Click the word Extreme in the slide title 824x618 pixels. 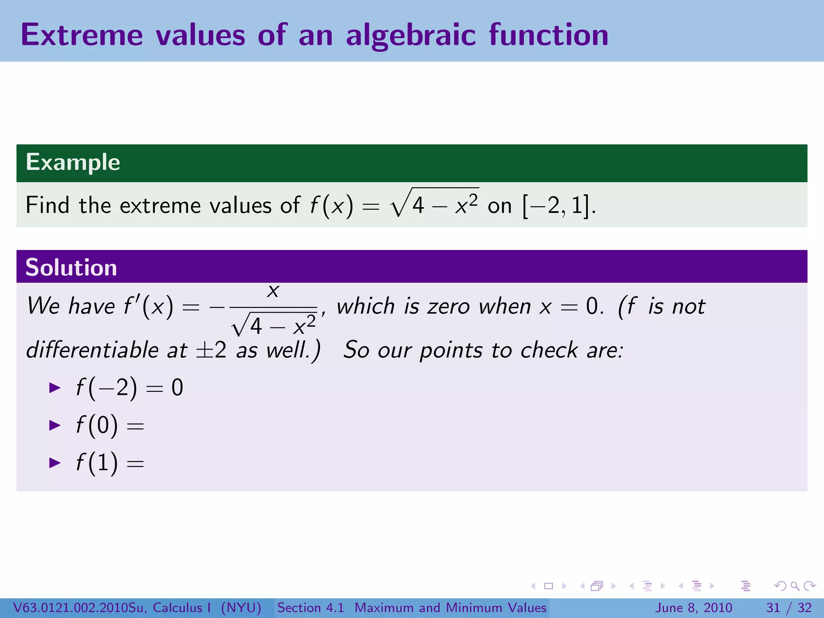pyautogui.click(x=82, y=35)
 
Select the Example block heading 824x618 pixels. pyautogui.click(x=73, y=162)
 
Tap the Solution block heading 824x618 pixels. pyautogui.click(x=71, y=268)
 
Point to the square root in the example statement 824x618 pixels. pyautogui.click(x=435, y=203)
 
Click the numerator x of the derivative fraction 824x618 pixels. pyautogui.click(x=273, y=290)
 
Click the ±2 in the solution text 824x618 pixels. pyautogui.click(x=211, y=350)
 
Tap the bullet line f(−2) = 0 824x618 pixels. pyautogui.click(x=129, y=388)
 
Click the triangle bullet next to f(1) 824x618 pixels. pyautogui.click(x=54, y=463)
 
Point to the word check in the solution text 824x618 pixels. pyautogui.click(x=549, y=350)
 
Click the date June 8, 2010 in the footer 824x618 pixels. pyautogui.click(x=694, y=608)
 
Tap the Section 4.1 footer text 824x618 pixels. pyautogui.click(x=311, y=608)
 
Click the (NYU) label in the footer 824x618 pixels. pyautogui.click(x=241, y=608)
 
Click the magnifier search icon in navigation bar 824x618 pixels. pyautogui.click(x=794, y=586)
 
